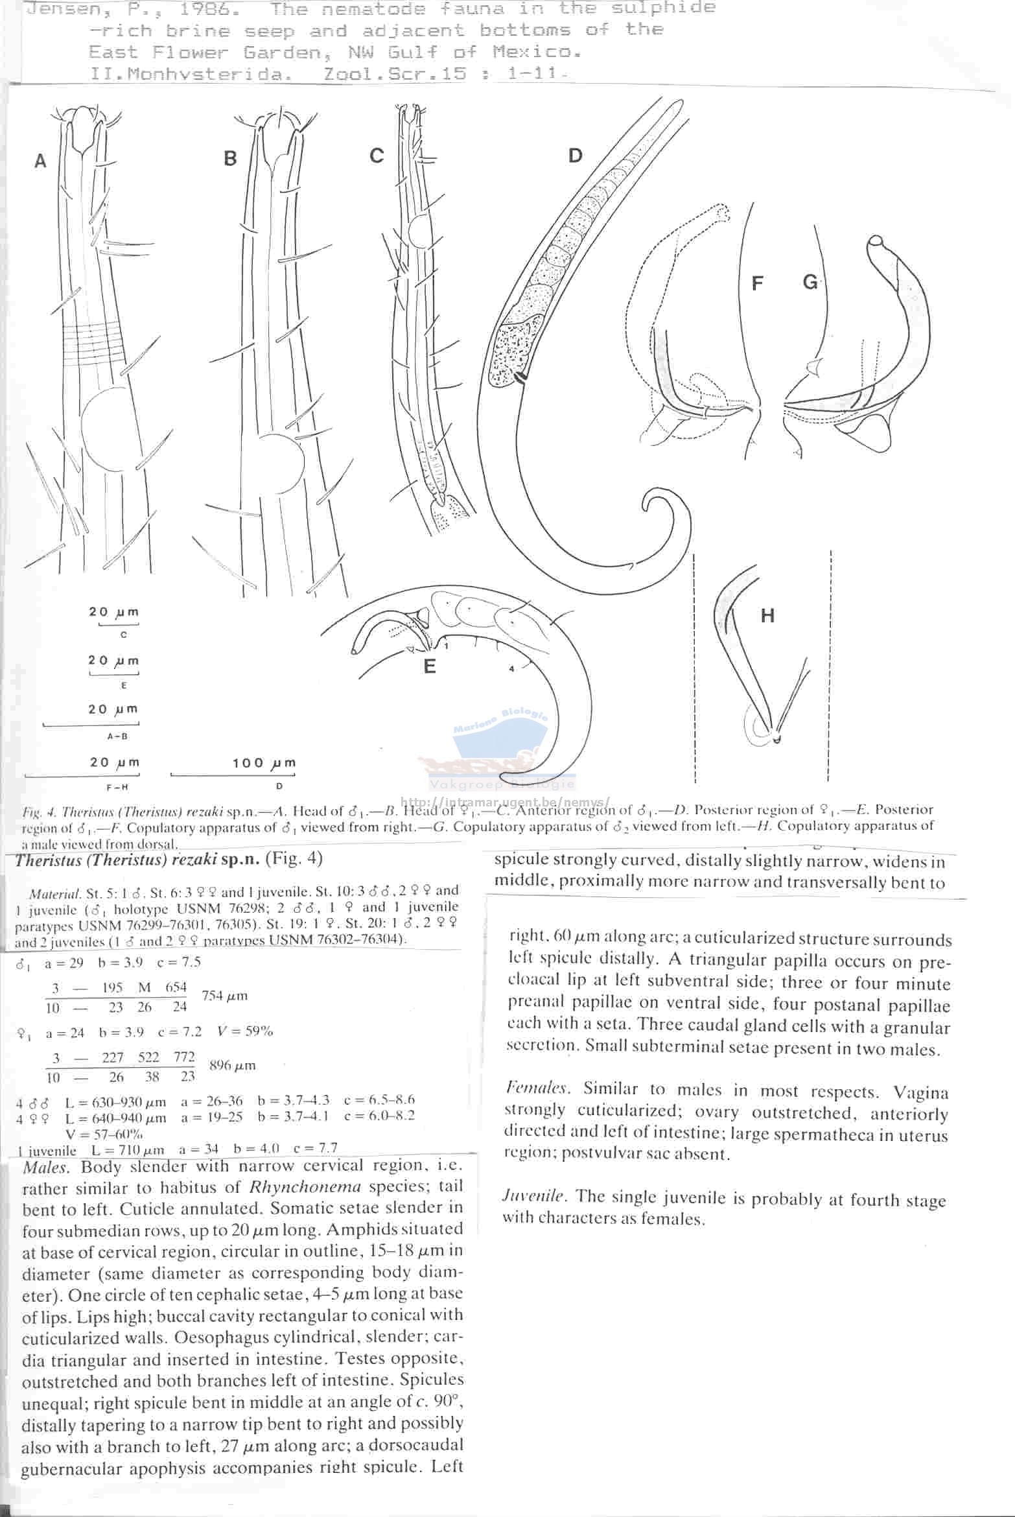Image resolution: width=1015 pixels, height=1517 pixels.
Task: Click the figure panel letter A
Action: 40,161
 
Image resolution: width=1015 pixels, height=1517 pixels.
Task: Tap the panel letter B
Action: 230,158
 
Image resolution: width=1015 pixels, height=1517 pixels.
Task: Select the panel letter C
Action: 377,156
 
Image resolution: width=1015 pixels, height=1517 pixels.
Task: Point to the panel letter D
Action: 575,156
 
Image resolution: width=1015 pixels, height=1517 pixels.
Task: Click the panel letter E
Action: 430,666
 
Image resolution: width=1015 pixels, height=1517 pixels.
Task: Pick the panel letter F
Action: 757,283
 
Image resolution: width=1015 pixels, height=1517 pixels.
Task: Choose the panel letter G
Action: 810,282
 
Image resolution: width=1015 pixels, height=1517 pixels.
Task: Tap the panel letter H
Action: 767,615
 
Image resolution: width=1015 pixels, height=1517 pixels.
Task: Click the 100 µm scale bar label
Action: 264,763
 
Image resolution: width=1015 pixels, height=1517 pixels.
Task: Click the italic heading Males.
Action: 46,1167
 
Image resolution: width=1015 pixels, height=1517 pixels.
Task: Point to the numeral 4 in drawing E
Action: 511,668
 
